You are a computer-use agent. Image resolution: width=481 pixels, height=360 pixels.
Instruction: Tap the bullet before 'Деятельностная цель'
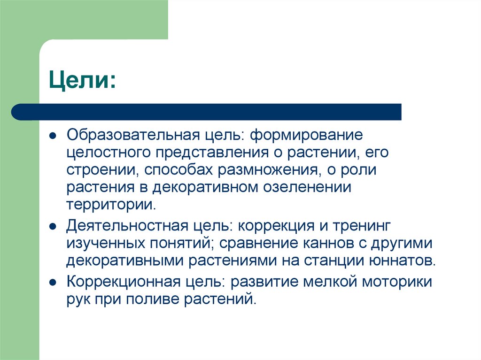53,227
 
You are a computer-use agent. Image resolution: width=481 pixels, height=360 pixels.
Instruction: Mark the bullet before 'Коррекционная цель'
53,283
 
